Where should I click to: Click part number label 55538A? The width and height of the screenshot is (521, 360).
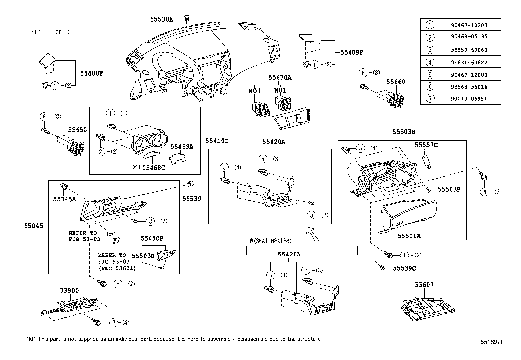(x=161, y=19)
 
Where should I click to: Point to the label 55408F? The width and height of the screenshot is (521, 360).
(x=92, y=73)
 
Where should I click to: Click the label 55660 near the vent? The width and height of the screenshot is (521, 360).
(x=396, y=82)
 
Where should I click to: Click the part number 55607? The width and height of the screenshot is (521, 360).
(x=424, y=285)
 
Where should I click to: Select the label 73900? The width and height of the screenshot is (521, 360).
(x=69, y=291)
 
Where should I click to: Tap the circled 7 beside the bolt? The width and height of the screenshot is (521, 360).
(x=114, y=323)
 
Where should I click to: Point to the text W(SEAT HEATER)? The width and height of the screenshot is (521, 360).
(x=270, y=241)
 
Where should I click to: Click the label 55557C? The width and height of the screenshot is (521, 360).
(x=426, y=145)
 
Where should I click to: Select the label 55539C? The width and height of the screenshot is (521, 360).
(x=404, y=268)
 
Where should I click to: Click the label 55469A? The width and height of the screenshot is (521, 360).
(x=182, y=147)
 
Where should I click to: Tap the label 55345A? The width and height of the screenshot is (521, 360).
(x=64, y=199)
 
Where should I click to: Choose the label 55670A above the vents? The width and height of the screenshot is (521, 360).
(x=280, y=78)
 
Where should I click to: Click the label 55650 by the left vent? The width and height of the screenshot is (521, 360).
(x=78, y=130)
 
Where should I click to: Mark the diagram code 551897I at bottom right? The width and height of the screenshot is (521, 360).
(x=491, y=342)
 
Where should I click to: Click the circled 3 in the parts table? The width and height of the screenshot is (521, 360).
(x=430, y=50)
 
